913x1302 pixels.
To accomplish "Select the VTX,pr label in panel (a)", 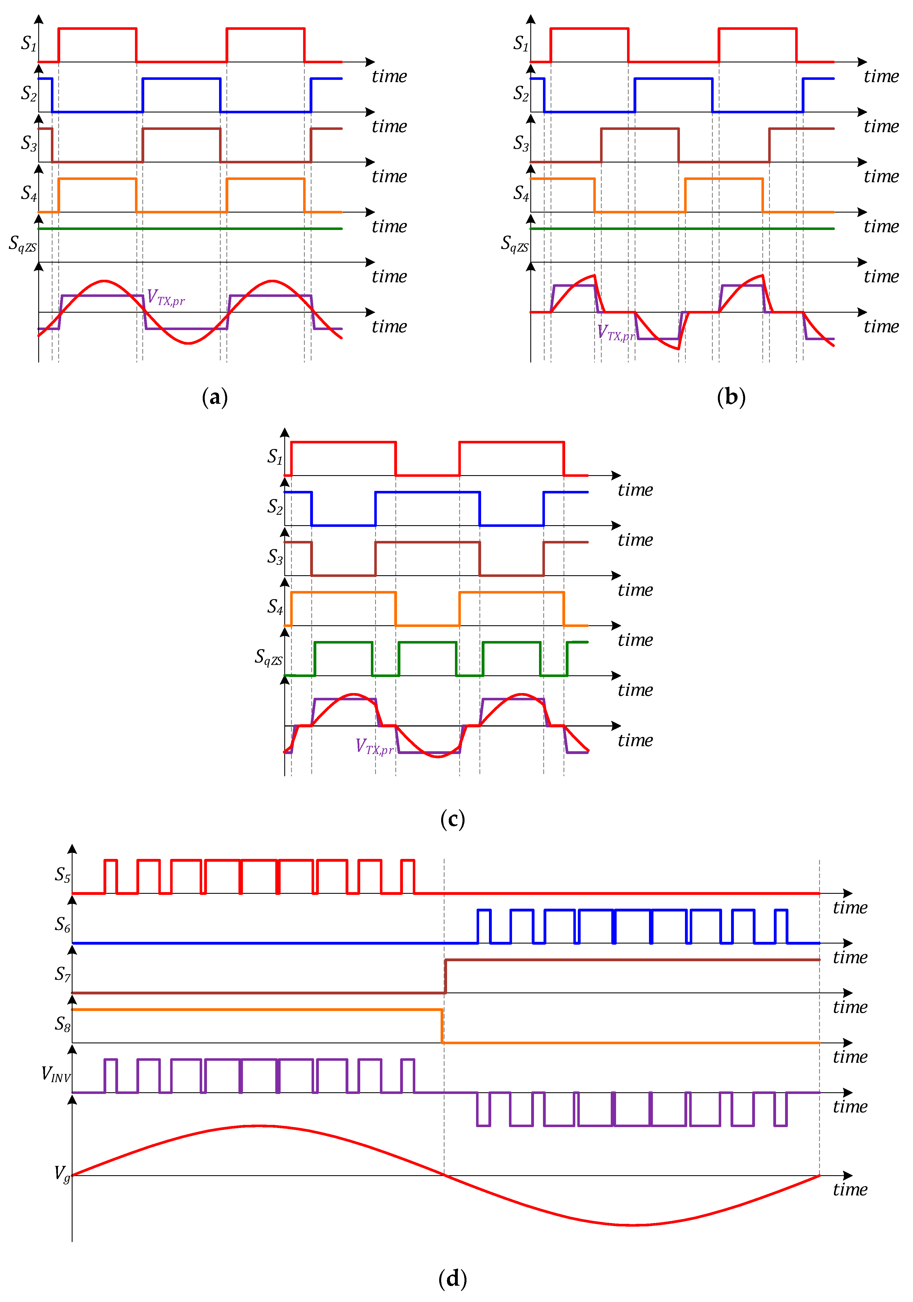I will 166,297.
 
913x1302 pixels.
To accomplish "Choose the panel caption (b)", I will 731,397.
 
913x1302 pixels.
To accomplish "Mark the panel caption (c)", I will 452,819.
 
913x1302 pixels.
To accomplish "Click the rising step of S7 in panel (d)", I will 446,976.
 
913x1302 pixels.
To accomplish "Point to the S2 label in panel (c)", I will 275,506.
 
